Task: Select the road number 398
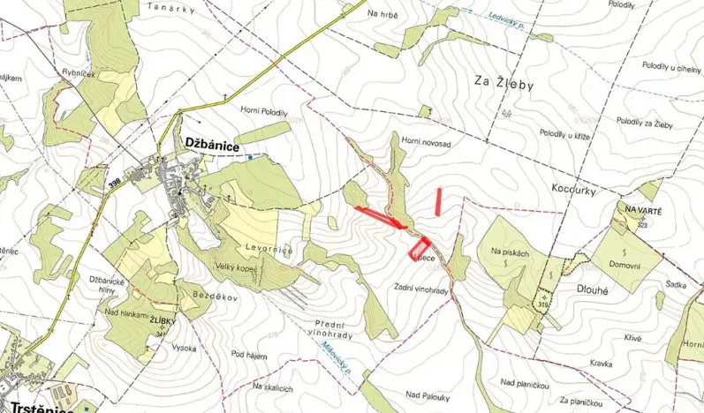114,183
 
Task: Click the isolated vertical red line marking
439,201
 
